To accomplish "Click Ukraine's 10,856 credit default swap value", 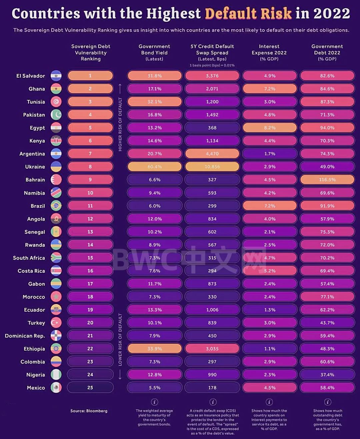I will [x=212, y=167].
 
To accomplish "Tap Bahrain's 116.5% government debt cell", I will [x=327, y=180].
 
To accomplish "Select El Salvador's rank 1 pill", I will [x=90, y=76].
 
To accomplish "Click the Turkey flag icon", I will [x=56, y=323].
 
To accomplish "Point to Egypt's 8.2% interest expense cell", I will [x=270, y=128].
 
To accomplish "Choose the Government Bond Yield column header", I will [x=154, y=53].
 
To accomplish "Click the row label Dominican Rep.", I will [x=25, y=336].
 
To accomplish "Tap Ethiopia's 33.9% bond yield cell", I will [x=155, y=349].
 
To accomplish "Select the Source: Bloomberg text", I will [x=89, y=411].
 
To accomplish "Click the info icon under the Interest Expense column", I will [x=269, y=402].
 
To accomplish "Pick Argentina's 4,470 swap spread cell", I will [x=212, y=154].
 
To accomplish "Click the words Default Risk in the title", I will [x=248, y=14].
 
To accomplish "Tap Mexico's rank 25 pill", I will [x=90, y=388].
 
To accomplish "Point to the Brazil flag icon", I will [x=56, y=206].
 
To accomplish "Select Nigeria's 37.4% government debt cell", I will [x=327, y=375].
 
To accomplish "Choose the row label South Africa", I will [x=29, y=258].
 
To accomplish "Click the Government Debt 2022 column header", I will [x=327, y=53].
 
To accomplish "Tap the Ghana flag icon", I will [x=56, y=89].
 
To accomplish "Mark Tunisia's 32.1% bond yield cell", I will [x=155, y=102].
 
